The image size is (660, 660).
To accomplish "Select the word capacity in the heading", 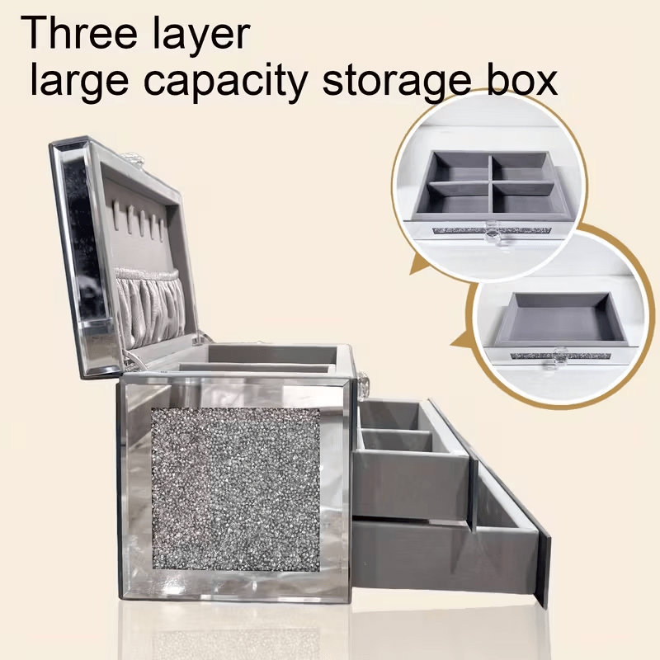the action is [226, 81].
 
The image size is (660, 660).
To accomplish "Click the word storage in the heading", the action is [396, 82].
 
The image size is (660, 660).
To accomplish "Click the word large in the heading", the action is [79, 81].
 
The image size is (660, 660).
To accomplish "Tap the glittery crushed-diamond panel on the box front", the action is [236, 489].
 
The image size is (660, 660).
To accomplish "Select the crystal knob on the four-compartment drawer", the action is [492, 233].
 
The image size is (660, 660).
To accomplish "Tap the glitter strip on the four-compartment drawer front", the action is [492, 231].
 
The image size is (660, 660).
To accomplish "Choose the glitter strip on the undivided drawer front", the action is [561, 356].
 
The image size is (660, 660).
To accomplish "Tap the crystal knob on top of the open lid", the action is [133, 158].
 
